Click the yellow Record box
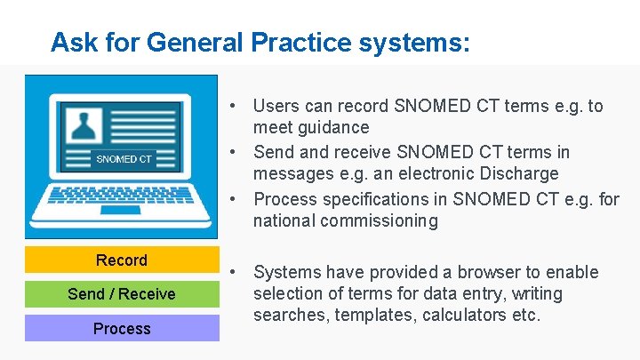tap(122, 260)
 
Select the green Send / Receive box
tap(122, 294)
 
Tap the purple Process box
tap(122, 329)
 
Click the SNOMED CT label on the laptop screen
tap(124, 159)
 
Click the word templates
tap(383, 316)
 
